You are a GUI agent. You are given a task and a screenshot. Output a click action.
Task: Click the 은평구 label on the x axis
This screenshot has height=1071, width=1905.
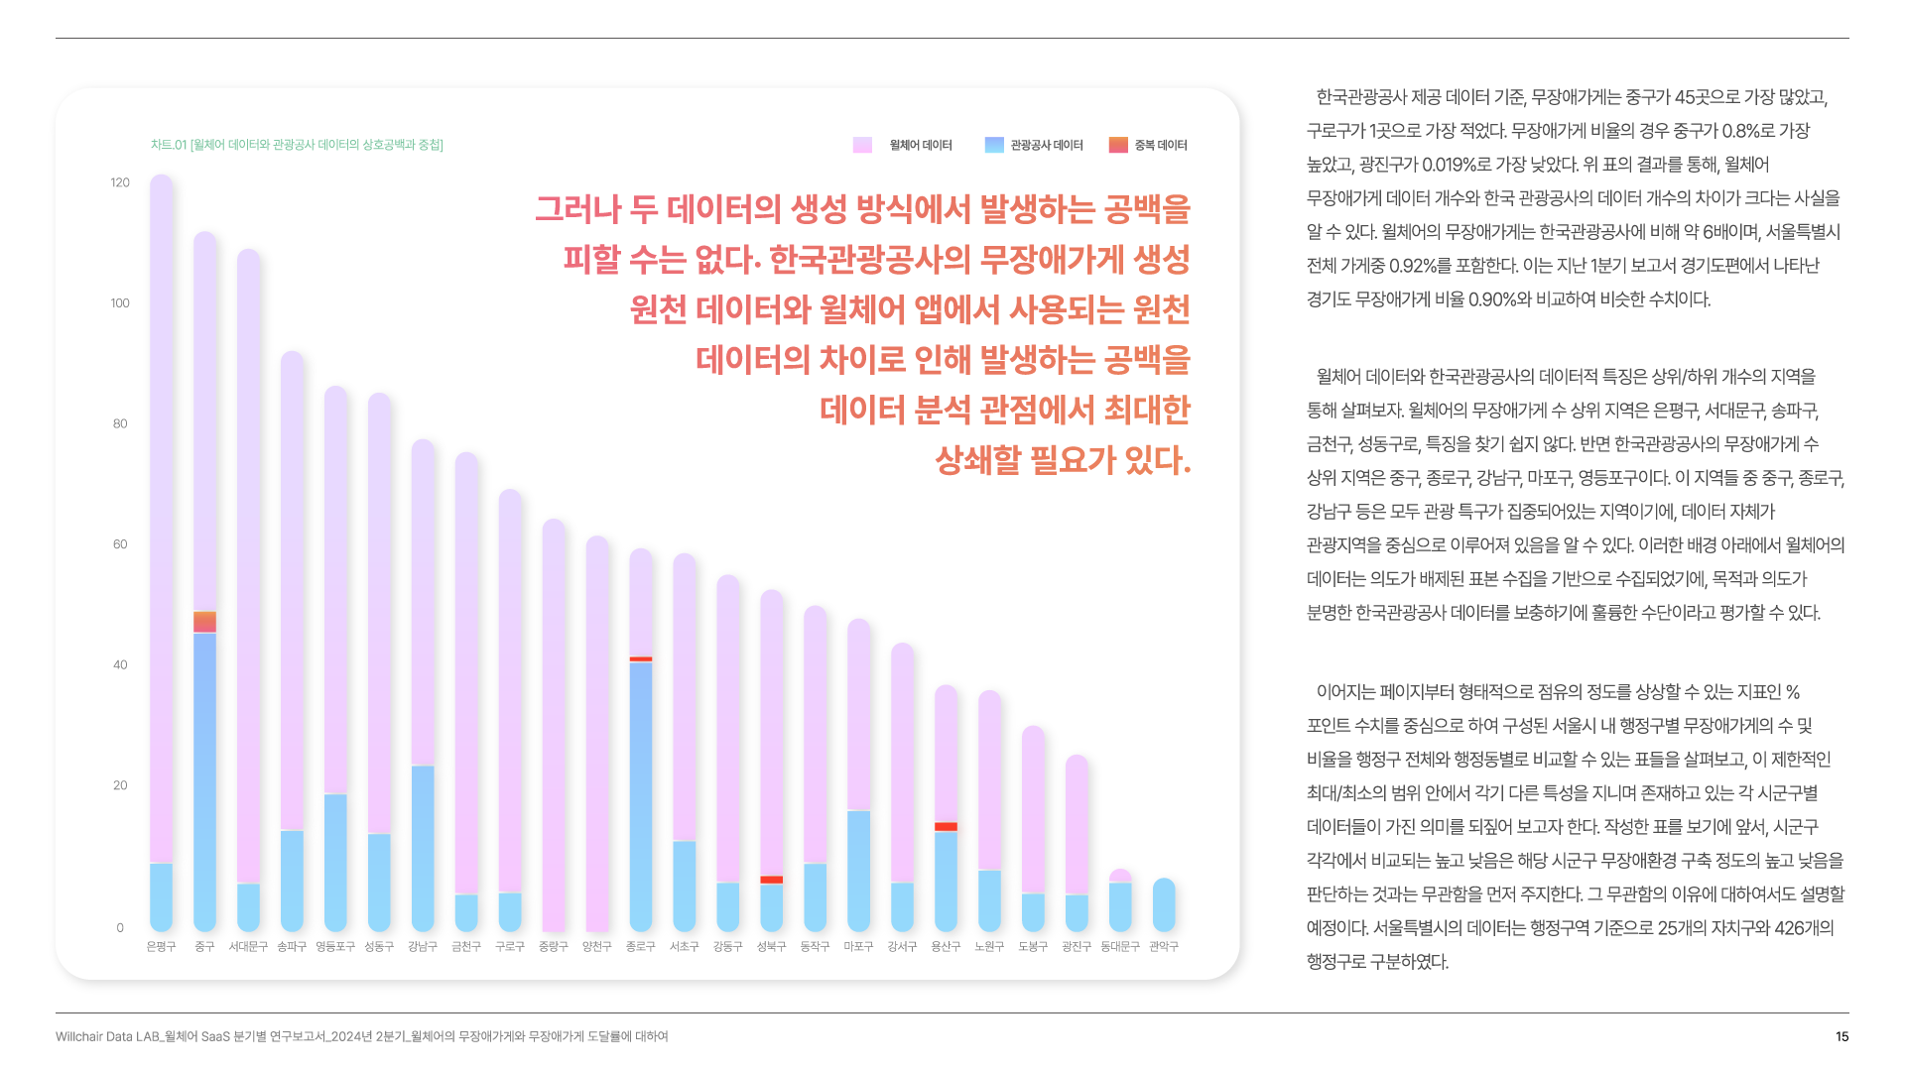pos(161,947)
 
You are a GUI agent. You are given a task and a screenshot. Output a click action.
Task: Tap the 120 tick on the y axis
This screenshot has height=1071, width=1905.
pos(120,182)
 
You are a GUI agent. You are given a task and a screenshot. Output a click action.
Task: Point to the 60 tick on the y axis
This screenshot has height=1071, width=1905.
pos(120,544)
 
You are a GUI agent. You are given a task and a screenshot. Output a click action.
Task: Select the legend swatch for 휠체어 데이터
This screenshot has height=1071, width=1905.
pos(862,145)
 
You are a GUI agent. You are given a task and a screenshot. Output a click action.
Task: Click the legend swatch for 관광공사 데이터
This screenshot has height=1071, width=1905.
pos(994,145)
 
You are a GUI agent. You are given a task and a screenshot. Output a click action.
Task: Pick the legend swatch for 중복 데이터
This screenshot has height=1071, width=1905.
pos(1118,145)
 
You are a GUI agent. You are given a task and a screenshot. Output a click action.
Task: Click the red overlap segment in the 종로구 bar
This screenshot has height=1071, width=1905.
pos(641,658)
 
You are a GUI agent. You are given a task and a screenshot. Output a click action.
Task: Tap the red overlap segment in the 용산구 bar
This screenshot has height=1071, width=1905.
pos(946,826)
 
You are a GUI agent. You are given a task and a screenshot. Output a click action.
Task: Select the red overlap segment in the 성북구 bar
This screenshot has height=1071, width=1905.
pos(771,880)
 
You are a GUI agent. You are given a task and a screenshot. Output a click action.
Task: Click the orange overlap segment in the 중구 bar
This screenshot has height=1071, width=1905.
pos(204,622)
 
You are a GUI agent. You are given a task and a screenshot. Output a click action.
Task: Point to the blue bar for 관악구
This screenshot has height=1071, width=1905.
pos(1164,904)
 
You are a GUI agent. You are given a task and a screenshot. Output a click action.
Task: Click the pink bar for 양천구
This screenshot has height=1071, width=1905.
pos(597,734)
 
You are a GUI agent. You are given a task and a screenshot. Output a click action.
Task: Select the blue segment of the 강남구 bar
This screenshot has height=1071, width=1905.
pos(423,848)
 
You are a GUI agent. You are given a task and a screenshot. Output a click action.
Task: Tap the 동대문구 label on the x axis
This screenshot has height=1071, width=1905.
pos(1120,947)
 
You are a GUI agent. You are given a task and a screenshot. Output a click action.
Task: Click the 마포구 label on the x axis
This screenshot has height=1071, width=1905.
pos(858,947)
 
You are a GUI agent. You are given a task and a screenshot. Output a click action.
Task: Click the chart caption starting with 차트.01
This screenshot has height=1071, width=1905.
pos(297,145)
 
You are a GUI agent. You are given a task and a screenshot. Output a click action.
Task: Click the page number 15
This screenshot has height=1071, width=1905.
pos(1841,1036)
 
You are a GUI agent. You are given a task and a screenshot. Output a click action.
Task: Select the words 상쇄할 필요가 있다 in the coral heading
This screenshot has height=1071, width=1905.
pos(1062,460)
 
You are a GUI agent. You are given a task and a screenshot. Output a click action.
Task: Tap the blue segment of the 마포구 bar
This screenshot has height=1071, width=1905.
pos(858,871)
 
